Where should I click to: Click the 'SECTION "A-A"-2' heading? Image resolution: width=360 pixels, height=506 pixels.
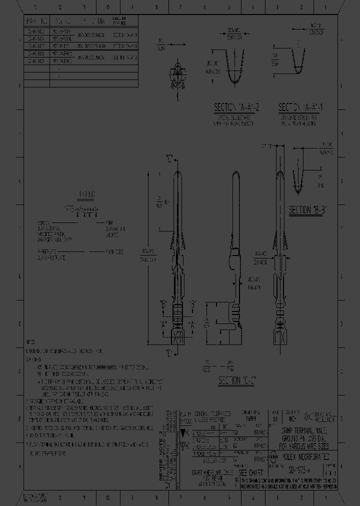click(x=234, y=108)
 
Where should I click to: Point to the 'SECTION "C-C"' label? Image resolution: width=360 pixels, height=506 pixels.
click(x=236, y=381)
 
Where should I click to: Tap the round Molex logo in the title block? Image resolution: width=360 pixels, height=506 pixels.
click(x=274, y=456)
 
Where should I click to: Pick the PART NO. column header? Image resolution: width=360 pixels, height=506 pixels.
click(x=37, y=21)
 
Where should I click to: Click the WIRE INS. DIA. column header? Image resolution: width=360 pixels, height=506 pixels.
click(x=92, y=21)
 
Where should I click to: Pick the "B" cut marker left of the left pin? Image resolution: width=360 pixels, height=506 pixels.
click(x=162, y=303)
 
